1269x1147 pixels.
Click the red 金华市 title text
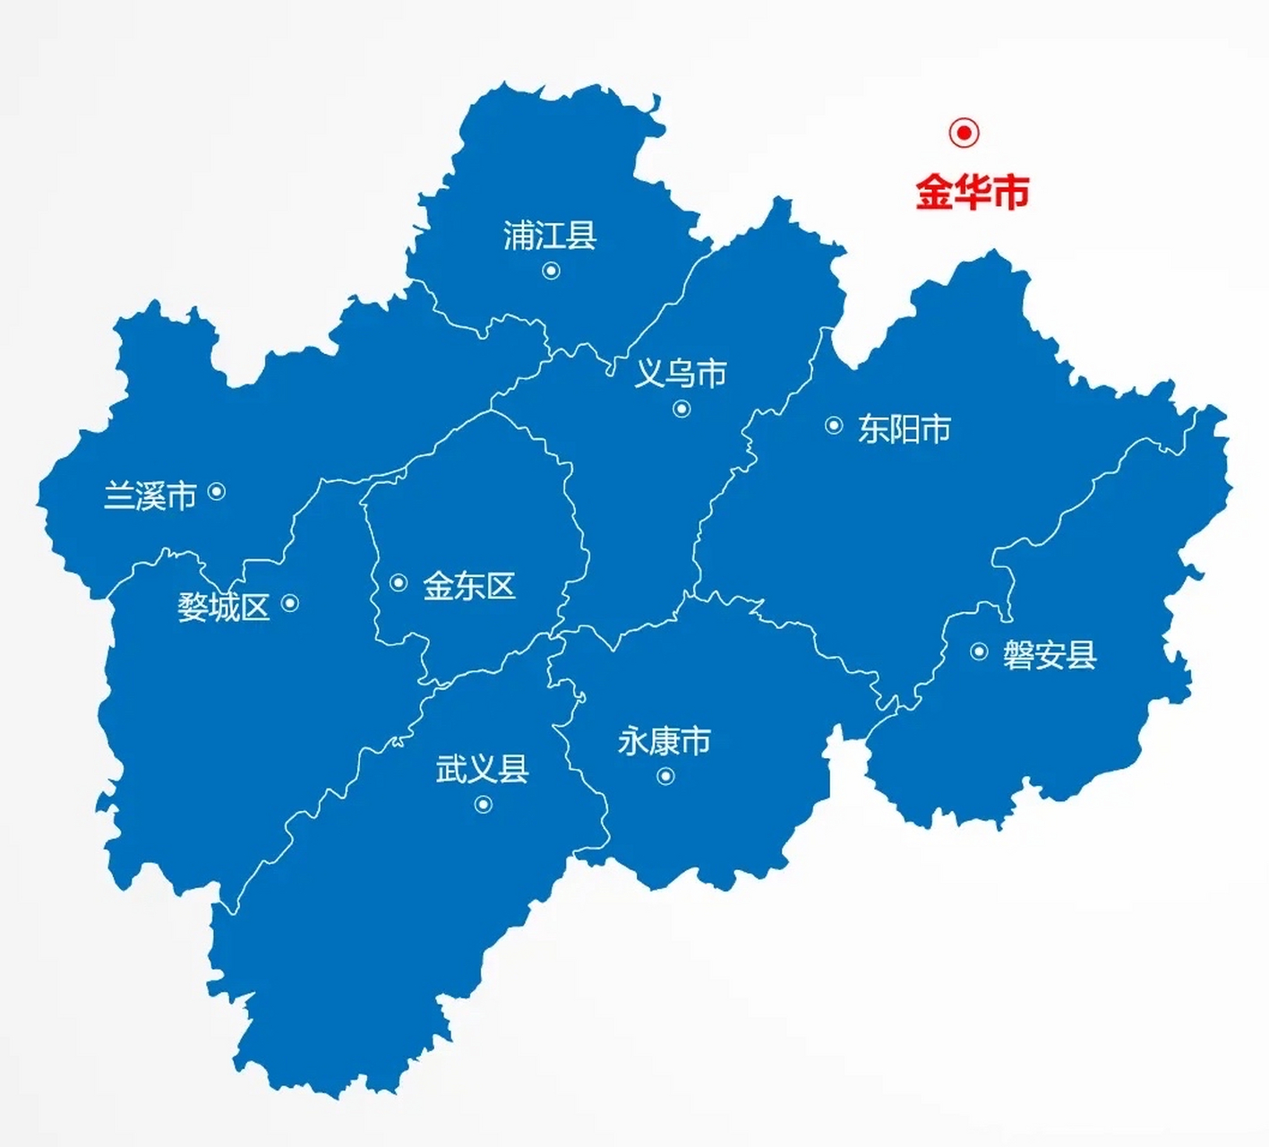pos(972,192)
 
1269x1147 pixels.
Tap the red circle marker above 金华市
pos(964,133)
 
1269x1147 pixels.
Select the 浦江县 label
pos(549,236)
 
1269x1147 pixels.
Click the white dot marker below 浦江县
pos(551,270)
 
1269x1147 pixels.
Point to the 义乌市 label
pos(681,373)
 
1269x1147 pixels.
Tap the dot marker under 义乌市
pos(682,409)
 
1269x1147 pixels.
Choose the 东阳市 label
pos(904,428)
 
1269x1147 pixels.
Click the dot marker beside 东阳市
pos(833,426)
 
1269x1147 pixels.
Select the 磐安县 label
pos(1050,654)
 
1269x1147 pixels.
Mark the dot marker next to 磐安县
pos(979,651)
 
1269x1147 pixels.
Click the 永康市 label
pos(664,741)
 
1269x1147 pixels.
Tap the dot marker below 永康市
pos(665,776)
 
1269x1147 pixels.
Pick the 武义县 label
pos(482,768)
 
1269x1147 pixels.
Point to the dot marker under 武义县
pos(483,805)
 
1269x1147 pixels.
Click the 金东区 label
pos(469,586)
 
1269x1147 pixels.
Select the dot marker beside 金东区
pos(399,583)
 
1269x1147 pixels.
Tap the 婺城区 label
pos(223,607)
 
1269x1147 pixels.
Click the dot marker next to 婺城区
pos(289,603)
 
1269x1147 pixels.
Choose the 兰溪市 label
pos(150,495)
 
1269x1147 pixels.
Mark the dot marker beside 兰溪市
pos(216,491)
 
